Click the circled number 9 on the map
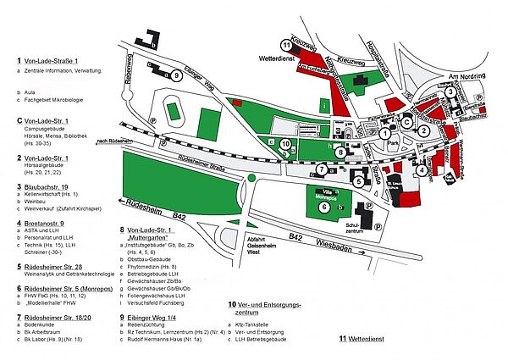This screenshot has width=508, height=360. (175, 76)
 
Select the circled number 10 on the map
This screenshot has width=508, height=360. (286, 144)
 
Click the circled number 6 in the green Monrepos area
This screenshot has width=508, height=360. (324, 207)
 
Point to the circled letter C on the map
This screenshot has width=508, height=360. (406, 122)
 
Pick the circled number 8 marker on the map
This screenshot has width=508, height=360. (340, 153)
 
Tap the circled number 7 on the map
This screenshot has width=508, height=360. (323, 169)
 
